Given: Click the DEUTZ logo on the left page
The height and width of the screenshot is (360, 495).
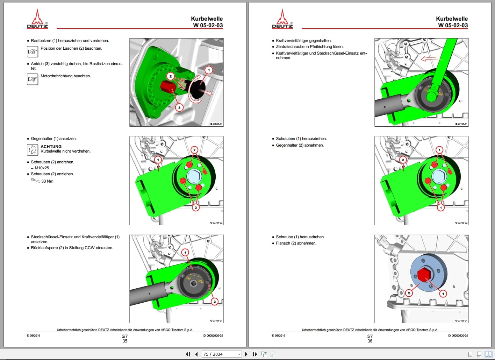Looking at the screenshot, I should pyautogui.click(x=37, y=19).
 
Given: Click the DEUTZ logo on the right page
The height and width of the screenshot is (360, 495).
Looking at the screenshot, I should pyautogui.click(x=282, y=19).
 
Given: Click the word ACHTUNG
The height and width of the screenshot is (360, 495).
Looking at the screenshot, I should pyautogui.click(x=51, y=147).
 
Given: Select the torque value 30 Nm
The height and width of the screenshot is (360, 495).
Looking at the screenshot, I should pyautogui.click(x=47, y=181).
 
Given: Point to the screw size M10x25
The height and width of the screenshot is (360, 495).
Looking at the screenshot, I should pyautogui.click(x=42, y=168).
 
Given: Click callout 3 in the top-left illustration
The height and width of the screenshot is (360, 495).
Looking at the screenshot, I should pyautogui.click(x=179, y=107).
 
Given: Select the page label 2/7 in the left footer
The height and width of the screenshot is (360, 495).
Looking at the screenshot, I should pyautogui.click(x=125, y=336).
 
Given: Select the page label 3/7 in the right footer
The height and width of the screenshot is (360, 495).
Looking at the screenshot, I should pyautogui.click(x=370, y=336).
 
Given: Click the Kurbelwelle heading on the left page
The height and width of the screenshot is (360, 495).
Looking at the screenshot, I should pyautogui.click(x=207, y=19).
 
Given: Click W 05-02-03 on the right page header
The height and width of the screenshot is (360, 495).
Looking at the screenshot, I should pyautogui.click(x=453, y=26).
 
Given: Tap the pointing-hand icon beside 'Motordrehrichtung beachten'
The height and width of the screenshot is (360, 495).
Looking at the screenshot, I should pyautogui.click(x=33, y=79).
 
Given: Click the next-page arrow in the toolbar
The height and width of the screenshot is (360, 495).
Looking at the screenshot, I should pyautogui.click(x=246, y=354).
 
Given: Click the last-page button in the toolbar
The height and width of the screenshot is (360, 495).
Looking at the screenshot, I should pyautogui.click(x=255, y=354).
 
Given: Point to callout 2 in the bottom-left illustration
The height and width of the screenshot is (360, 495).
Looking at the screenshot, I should pyautogui.click(x=215, y=301).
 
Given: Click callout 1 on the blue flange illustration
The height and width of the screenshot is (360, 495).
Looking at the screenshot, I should pyautogui.click(x=443, y=294).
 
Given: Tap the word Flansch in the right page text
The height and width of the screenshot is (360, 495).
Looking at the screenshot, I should pyautogui.click(x=283, y=243).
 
